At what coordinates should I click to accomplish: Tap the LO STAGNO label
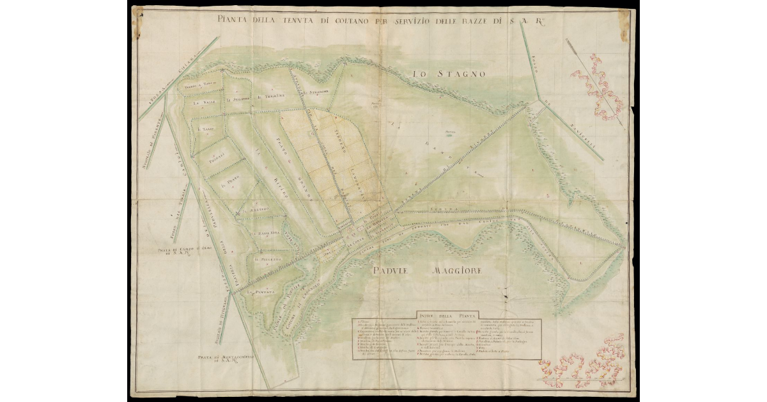click(449, 74)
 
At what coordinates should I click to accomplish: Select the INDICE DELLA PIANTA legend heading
click(442, 313)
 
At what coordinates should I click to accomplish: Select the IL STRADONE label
click(315, 92)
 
